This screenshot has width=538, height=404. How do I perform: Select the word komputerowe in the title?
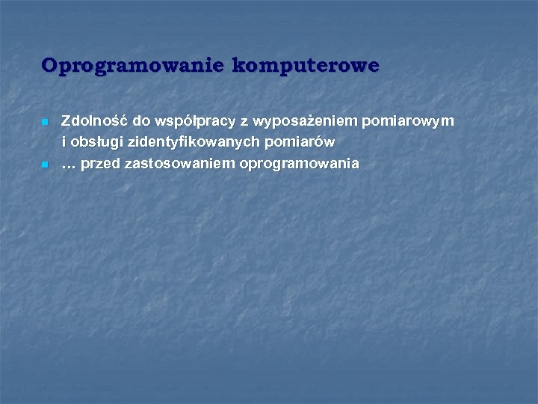[305, 66]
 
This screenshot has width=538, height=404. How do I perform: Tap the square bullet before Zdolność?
[45, 121]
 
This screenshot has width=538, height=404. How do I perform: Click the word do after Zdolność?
[141, 120]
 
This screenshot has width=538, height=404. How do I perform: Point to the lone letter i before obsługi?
[64, 141]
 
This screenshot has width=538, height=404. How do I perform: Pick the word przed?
[101, 163]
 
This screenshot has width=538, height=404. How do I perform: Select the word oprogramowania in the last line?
[299, 164]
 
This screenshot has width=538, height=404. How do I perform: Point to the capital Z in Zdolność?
[66, 120]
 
